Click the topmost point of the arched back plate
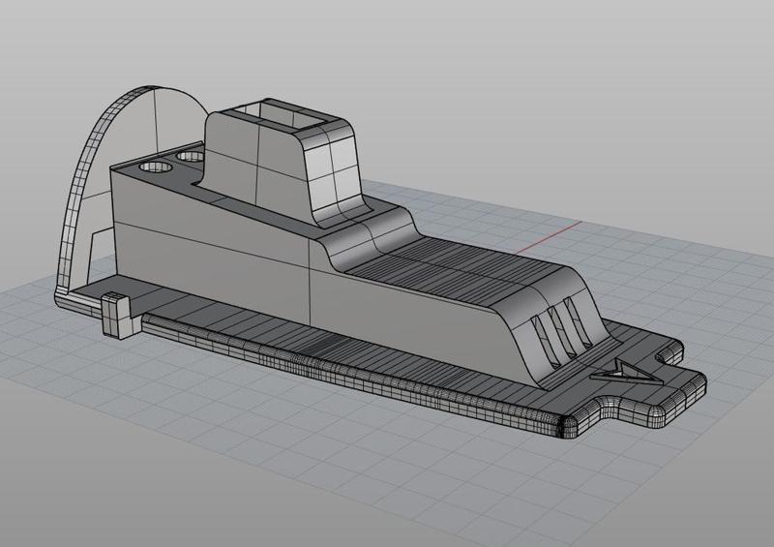(155, 86)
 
